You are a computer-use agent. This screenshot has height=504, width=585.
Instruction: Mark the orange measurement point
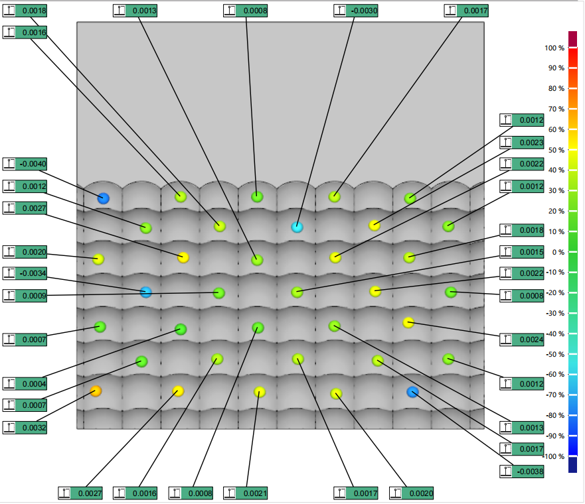[x=96, y=391]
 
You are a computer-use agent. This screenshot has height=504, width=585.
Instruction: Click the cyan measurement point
[x=297, y=227]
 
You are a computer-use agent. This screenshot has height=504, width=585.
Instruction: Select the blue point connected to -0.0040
[x=104, y=198]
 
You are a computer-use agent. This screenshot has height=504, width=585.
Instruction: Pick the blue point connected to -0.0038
[x=412, y=392]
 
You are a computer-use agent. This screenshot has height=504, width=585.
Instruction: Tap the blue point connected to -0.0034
[x=146, y=292]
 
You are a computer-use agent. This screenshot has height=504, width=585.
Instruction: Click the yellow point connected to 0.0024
[x=408, y=323]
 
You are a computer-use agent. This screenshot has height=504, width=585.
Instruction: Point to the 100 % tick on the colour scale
[x=554, y=48]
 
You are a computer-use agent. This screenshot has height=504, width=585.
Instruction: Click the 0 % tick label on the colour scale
[x=556, y=252]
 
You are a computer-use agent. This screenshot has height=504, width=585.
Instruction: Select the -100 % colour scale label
[x=554, y=456]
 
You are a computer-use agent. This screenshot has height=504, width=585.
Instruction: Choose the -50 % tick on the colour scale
[x=554, y=354]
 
